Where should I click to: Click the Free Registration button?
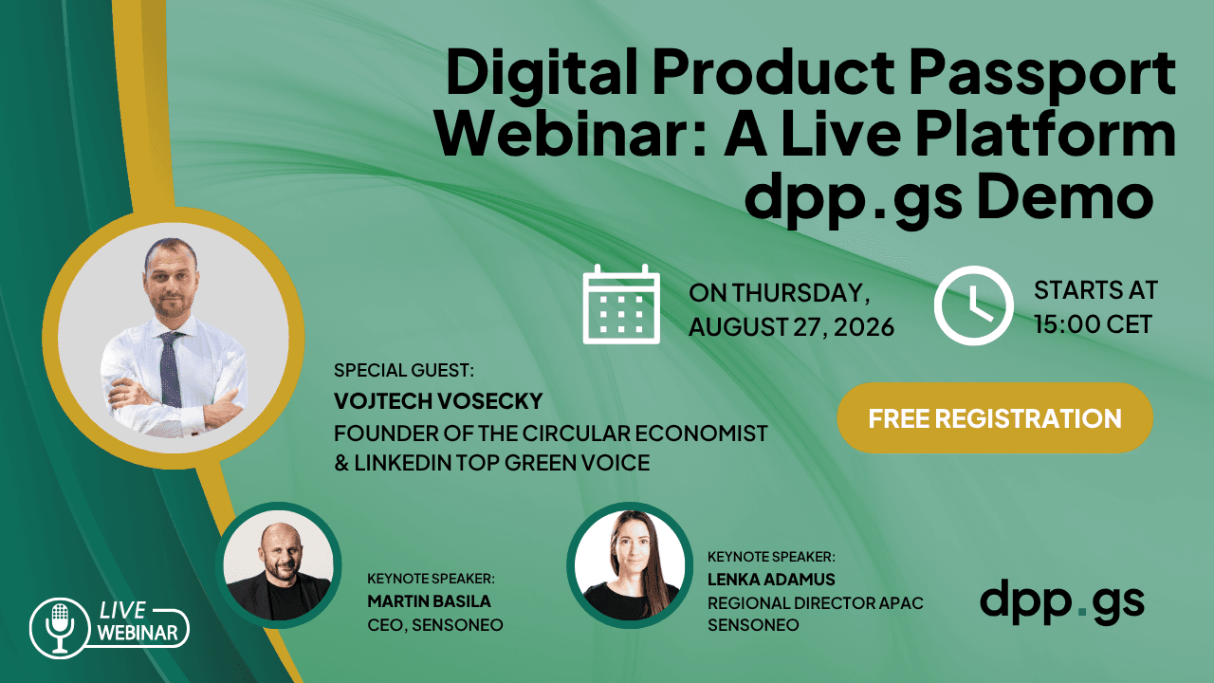(995, 418)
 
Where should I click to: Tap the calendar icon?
(621, 305)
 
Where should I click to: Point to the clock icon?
(973, 305)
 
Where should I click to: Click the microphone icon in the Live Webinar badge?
(60, 628)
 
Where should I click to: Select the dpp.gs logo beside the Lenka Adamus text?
(1062, 601)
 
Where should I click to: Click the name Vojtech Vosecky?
(438, 401)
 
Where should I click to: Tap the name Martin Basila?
(429, 601)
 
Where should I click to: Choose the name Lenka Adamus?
(771, 580)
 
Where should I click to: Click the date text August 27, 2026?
(791, 327)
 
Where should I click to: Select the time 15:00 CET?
(1093, 324)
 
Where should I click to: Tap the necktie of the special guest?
(170, 370)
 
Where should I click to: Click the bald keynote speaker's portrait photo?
(279, 564)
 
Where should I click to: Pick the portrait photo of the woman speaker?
(629, 564)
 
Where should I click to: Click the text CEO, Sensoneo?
(434, 625)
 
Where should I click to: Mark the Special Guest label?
(404, 370)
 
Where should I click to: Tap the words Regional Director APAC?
(815, 603)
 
